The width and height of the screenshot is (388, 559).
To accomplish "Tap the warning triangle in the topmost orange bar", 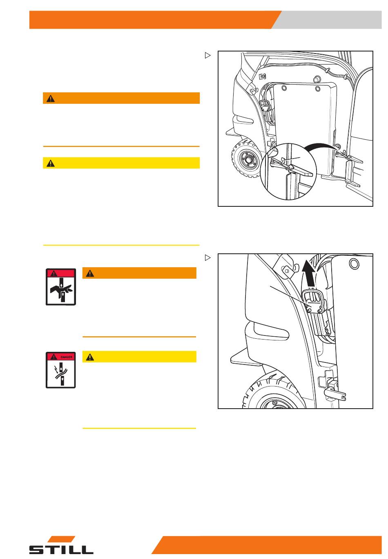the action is click(x=51, y=98).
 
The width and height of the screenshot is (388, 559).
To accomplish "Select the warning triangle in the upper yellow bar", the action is click(x=51, y=163).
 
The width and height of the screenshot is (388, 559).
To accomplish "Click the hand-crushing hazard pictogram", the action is click(x=60, y=287).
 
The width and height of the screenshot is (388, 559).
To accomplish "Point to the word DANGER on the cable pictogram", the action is click(x=66, y=357).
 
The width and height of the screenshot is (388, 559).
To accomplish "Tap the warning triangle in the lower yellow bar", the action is click(x=90, y=357).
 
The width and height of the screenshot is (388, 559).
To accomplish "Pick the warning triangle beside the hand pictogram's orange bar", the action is click(x=90, y=273).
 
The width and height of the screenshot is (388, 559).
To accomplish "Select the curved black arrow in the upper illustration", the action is click(x=322, y=146).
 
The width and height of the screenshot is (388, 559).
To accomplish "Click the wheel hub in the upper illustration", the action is click(x=248, y=159).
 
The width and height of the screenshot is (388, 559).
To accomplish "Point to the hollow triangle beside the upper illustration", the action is click(x=208, y=55).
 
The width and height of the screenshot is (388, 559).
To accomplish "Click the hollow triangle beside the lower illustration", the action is click(x=208, y=257).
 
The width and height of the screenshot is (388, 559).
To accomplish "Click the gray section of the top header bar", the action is click(x=329, y=20).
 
